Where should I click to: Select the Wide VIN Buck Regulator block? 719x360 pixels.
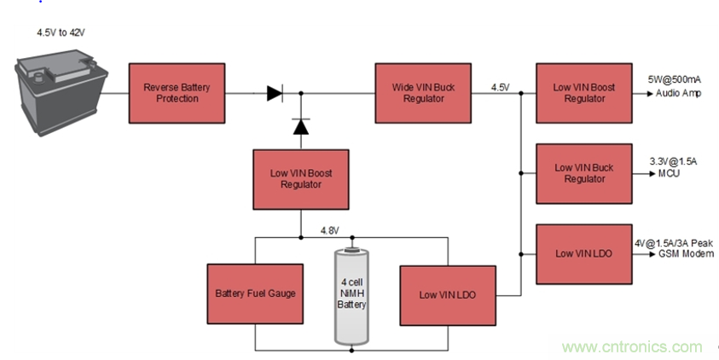point(422,92)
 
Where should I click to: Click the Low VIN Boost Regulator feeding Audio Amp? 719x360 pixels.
point(584,92)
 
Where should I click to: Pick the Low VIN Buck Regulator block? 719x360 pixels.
point(584,173)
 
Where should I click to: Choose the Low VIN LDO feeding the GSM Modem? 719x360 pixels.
point(584,253)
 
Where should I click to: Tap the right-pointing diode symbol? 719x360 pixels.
point(275,93)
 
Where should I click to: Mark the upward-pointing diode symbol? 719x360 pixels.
point(300,126)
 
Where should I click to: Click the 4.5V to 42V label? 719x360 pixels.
point(61,32)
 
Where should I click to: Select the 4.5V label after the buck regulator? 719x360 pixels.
point(501,86)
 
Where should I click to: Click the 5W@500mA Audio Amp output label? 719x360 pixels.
point(674,87)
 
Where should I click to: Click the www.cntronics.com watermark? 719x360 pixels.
point(633,347)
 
